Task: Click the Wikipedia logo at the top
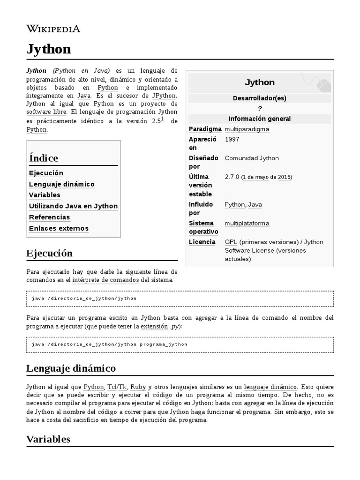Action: (x=53, y=29)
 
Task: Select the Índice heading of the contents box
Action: (x=44, y=158)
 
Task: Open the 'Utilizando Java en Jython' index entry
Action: (x=73, y=206)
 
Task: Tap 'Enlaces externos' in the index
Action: (x=59, y=229)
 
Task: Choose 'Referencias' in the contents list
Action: (x=49, y=217)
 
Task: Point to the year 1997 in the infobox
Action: (x=232, y=139)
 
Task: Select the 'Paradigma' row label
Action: (x=205, y=129)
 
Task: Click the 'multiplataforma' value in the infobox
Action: (x=247, y=223)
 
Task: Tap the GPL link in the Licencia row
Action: (x=231, y=242)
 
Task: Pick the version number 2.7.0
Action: (x=232, y=177)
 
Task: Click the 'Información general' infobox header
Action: (x=259, y=119)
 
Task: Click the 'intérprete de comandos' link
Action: (x=105, y=280)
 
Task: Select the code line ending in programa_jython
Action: (x=110, y=344)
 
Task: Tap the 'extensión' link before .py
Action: (x=154, y=326)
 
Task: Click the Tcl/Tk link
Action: (x=117, y=387)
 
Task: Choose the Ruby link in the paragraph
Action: (x=138, y=387)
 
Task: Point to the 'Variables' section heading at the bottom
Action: (x=48, y=439)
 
